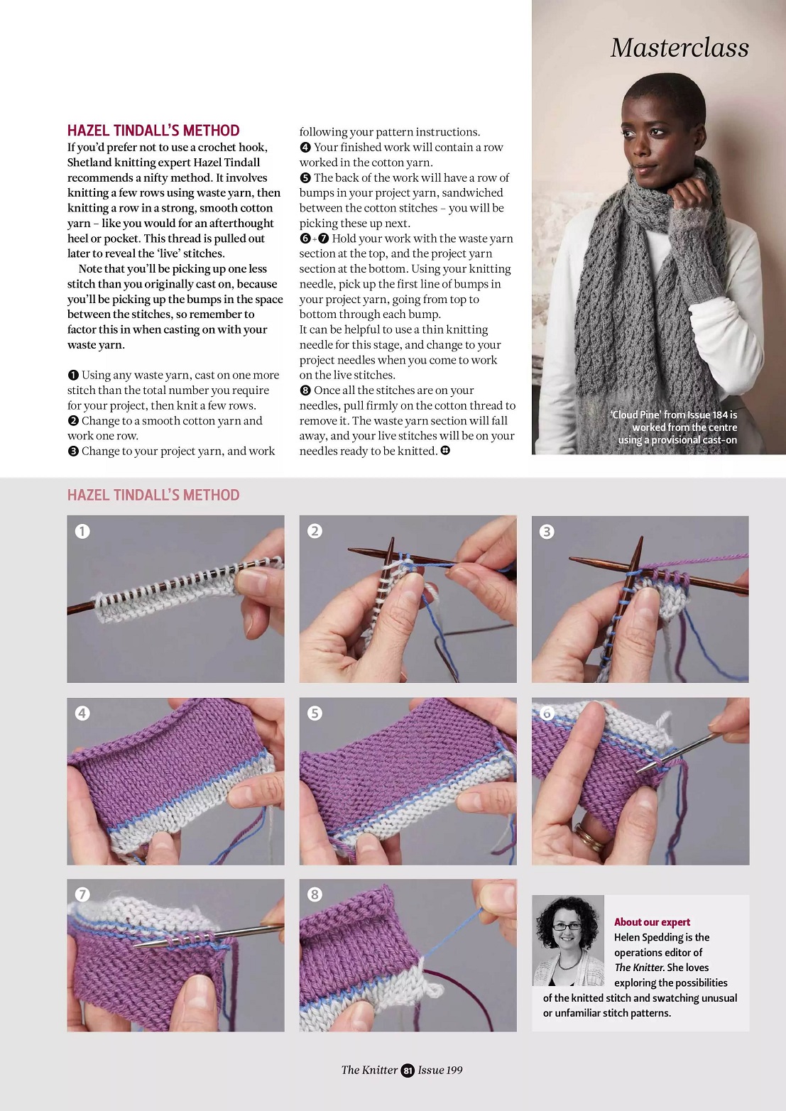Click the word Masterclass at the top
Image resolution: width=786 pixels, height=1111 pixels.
click(679, 48)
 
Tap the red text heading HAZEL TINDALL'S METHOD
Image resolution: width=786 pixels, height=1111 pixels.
click(153, 131)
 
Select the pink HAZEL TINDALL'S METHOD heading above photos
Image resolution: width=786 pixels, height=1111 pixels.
click(153, 495)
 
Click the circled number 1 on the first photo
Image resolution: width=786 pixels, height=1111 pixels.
click(82, 531)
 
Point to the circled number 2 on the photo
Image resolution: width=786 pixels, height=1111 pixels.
click(315, 531)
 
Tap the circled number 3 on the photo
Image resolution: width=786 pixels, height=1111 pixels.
click(547, 532)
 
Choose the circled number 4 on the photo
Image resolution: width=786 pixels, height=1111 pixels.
click(82, 713)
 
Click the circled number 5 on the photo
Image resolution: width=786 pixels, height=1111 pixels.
click(315, 713)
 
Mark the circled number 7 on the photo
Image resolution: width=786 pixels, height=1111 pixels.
click(82, 894)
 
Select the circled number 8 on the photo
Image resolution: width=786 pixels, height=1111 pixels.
click(315, 894)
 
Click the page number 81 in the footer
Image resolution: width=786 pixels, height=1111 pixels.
click(408, 1071)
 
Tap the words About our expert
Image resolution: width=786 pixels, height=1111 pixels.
click(652, 921)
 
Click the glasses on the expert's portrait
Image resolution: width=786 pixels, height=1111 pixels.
click(567, 926)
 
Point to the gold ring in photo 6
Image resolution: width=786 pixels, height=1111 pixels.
click(589, 838)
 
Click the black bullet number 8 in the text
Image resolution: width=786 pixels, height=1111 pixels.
click(305, 390)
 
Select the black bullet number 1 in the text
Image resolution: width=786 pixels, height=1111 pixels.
click(73, 375)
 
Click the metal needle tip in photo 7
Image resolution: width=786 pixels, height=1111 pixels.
click(136, 946)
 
